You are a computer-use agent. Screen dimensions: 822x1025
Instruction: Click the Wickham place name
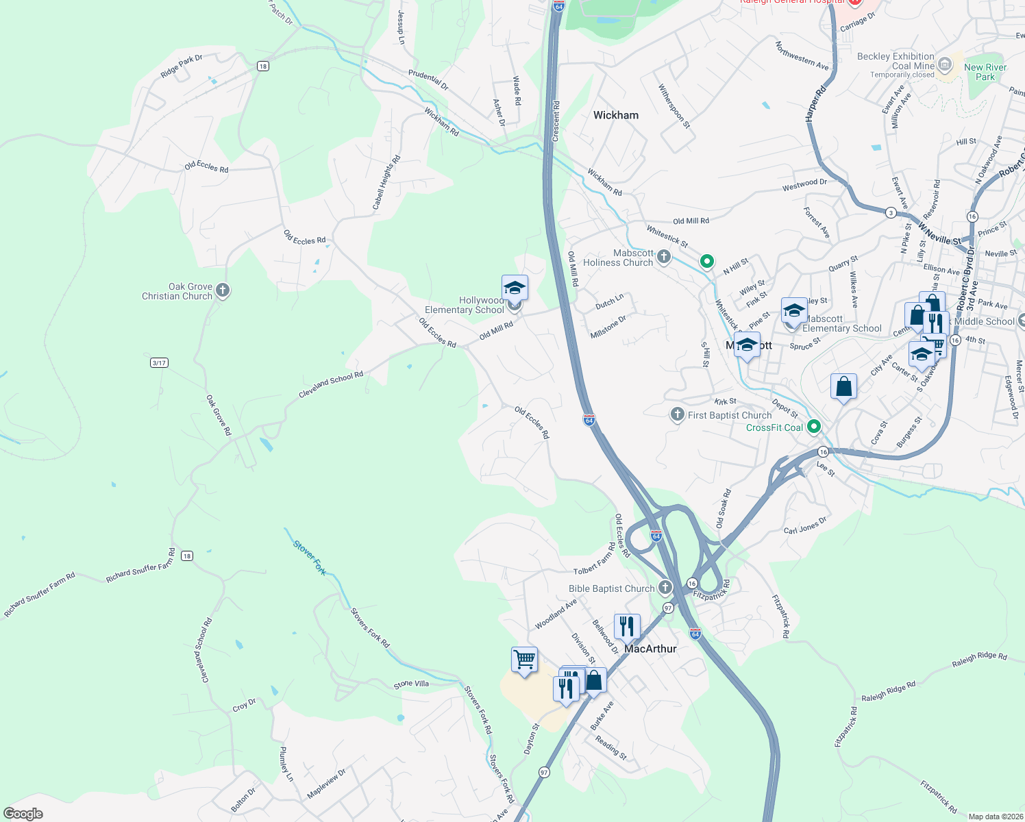coord(615,115)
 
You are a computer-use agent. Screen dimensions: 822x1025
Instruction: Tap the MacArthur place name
coord(650,649)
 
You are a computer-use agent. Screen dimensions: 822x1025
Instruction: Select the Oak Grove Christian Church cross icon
coord(222,291)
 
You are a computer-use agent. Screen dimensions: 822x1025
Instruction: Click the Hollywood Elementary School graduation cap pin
coord(515,288)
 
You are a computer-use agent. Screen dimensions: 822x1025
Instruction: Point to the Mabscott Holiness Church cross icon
coord(663,258)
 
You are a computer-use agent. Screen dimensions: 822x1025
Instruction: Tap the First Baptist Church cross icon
coord(677,414)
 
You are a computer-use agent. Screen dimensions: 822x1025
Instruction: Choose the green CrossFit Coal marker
coord(814,427)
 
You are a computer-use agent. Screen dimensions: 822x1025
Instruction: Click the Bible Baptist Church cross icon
coord(665,588)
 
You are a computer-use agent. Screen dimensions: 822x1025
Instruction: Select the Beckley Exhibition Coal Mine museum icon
coord(945,66)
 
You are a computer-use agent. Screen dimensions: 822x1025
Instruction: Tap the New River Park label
coord(985,72)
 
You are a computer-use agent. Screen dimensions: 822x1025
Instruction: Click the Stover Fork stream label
coord(309,558)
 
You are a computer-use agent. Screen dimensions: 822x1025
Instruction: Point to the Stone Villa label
coord(411,684)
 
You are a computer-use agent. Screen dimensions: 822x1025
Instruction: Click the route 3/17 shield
coord(159,362)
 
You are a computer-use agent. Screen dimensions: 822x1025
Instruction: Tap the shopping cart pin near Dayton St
coord(524,660)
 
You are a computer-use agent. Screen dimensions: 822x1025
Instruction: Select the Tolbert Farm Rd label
coord(594,560)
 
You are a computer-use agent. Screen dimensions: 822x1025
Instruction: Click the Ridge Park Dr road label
coord(181,66)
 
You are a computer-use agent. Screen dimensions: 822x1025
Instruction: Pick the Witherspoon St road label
coord(674,106)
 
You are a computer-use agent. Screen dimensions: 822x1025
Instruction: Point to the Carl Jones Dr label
coord(805,525)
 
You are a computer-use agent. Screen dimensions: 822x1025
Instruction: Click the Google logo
coord(23,814)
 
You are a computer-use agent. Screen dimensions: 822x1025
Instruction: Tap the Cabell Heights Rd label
coord(386,182)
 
